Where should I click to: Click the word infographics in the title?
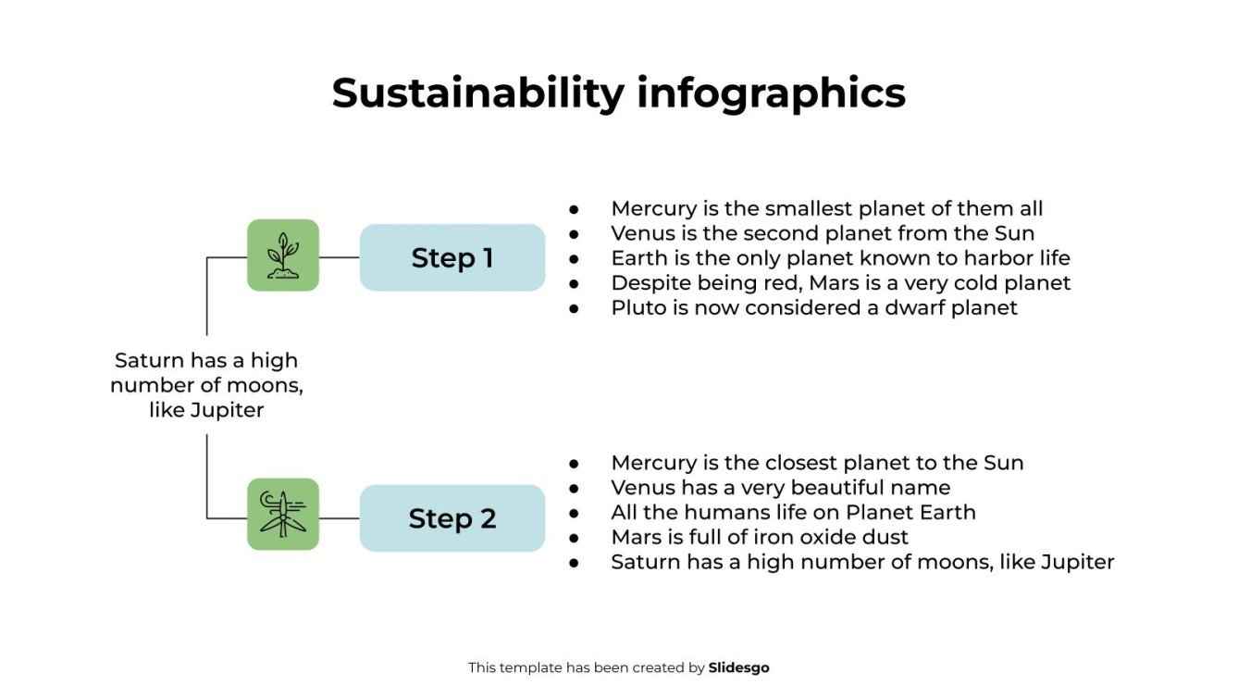771,93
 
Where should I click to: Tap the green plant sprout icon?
283,255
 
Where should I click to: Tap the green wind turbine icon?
283,515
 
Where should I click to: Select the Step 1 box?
452,257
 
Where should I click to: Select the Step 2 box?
452,518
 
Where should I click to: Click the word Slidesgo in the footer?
738,667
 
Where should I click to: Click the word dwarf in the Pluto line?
910,307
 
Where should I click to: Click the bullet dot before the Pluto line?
574,308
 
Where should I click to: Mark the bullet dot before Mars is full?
574,538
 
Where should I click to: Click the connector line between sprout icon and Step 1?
339,257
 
